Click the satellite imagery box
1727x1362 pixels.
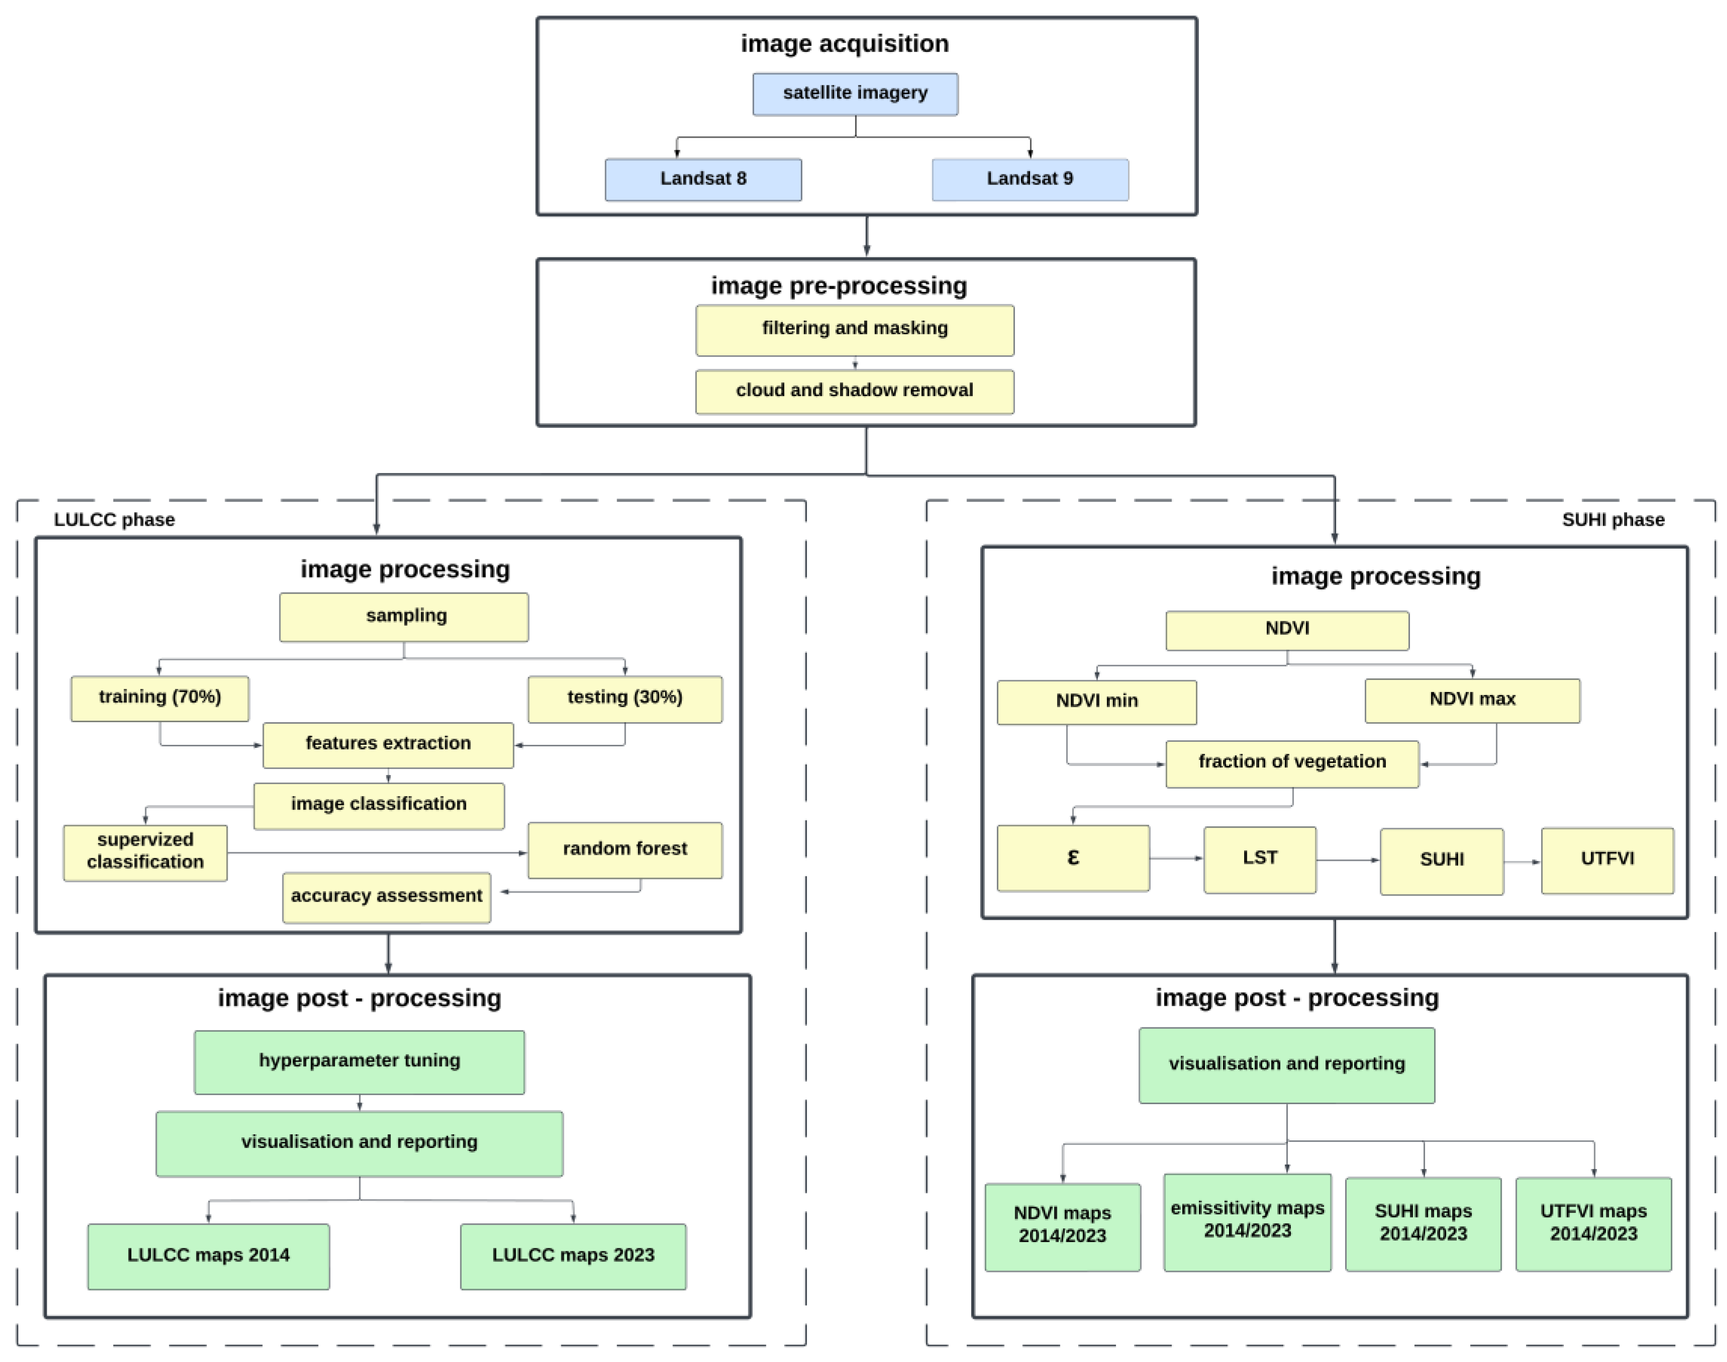[855, 94]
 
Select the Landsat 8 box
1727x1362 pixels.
[702, 179]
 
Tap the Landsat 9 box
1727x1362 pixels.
[1030, 179]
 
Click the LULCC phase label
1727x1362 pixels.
[114, 520]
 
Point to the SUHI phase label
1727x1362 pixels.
[1612, 520]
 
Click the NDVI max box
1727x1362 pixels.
[1472, 700]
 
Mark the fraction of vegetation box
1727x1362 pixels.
[1292, 763]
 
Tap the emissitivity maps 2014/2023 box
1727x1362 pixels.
[1247, 1222]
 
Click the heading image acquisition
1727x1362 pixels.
[844, 44]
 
